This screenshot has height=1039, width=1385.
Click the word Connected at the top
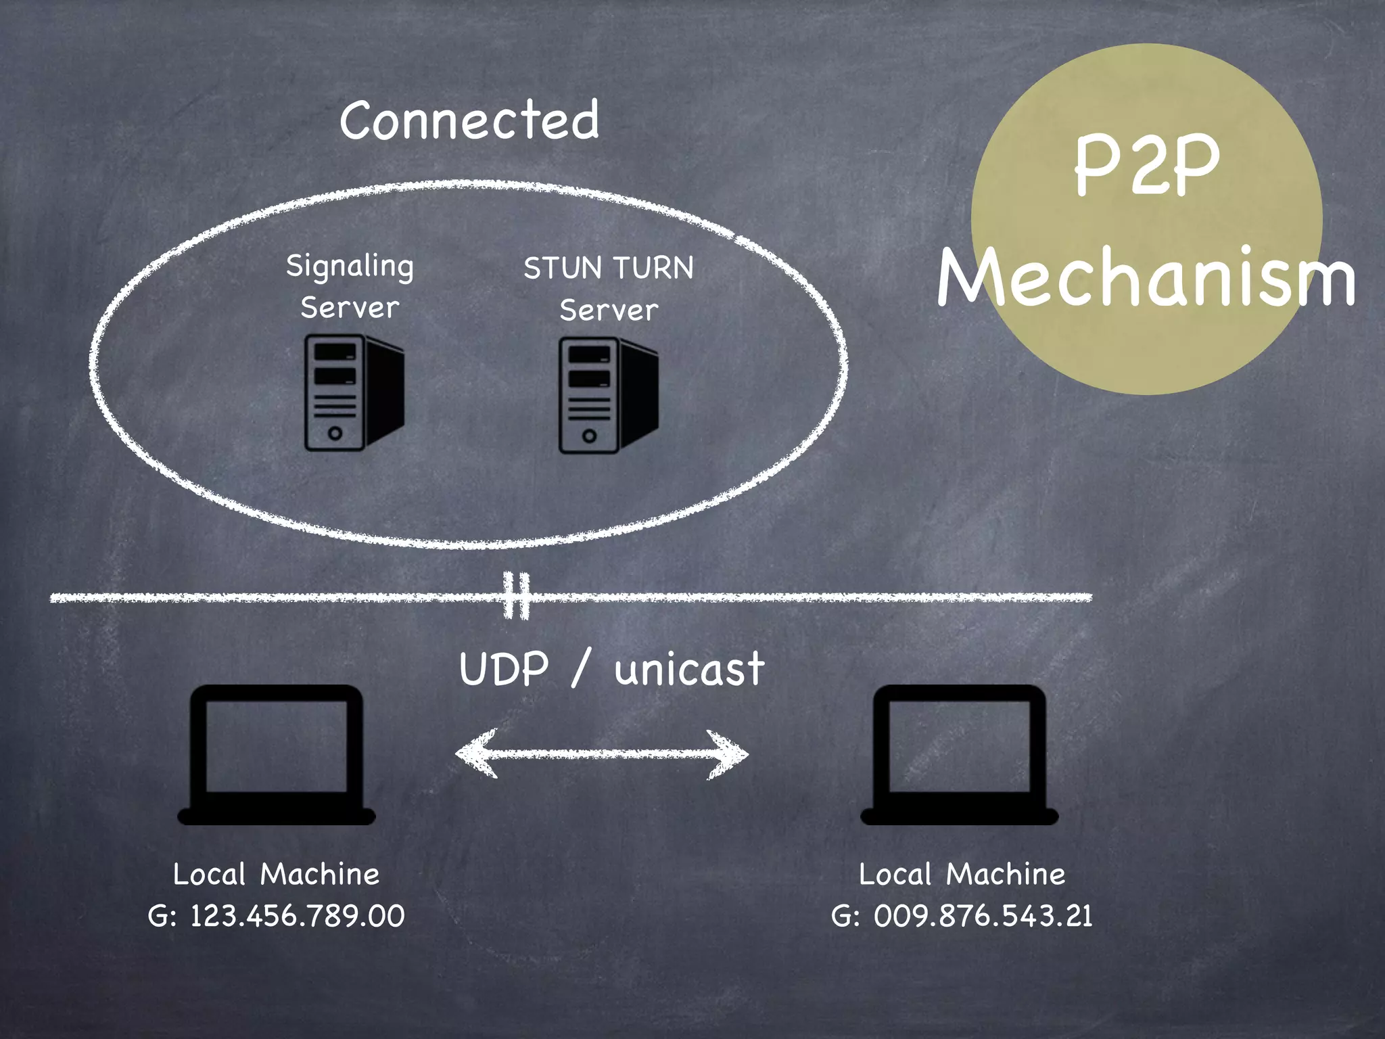[x=469, y=120]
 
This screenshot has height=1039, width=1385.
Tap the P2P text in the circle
[x=1147, y=165]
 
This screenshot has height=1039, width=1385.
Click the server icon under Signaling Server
[x=354, y=392]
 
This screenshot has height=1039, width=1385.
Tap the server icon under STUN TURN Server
[x=608, y=395]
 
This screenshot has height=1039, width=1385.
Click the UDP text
[x=504, y=670]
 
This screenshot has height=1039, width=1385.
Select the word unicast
[x=689, y=670]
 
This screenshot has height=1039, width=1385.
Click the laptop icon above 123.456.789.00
[x=276, y=754]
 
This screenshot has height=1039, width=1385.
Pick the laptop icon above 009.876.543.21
[x=959, y=754]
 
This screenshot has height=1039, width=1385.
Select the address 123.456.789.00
[x=297, y=916]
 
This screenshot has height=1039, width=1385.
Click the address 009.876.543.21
[x=983, y=916]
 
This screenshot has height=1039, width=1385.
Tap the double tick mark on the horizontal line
[x=517, y=596]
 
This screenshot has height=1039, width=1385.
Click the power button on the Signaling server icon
[x=335, y=433]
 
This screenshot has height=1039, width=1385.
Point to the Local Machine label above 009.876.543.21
[x=962, y=874]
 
